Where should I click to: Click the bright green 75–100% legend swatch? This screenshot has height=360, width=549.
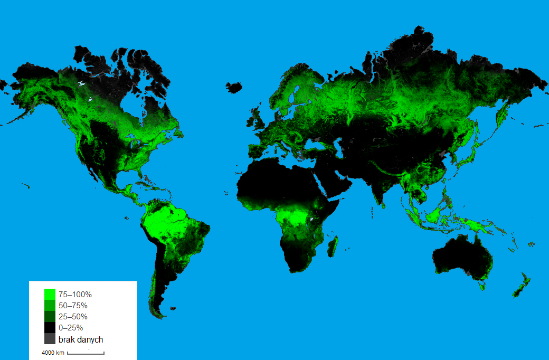click(50, 294)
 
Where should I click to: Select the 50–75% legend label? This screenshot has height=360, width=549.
click(73, 306)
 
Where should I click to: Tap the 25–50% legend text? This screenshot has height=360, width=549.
click(73, 317)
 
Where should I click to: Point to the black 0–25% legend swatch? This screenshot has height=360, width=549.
click(50, 328)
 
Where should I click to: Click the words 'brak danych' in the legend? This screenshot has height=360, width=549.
click(80, 339)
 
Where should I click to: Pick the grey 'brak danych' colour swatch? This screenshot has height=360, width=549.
click(50, 339)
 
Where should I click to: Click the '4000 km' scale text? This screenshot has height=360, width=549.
click(53, 353)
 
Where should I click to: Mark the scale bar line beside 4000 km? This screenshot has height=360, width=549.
click(86, 353)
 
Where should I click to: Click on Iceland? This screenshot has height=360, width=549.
click(234, 86)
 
